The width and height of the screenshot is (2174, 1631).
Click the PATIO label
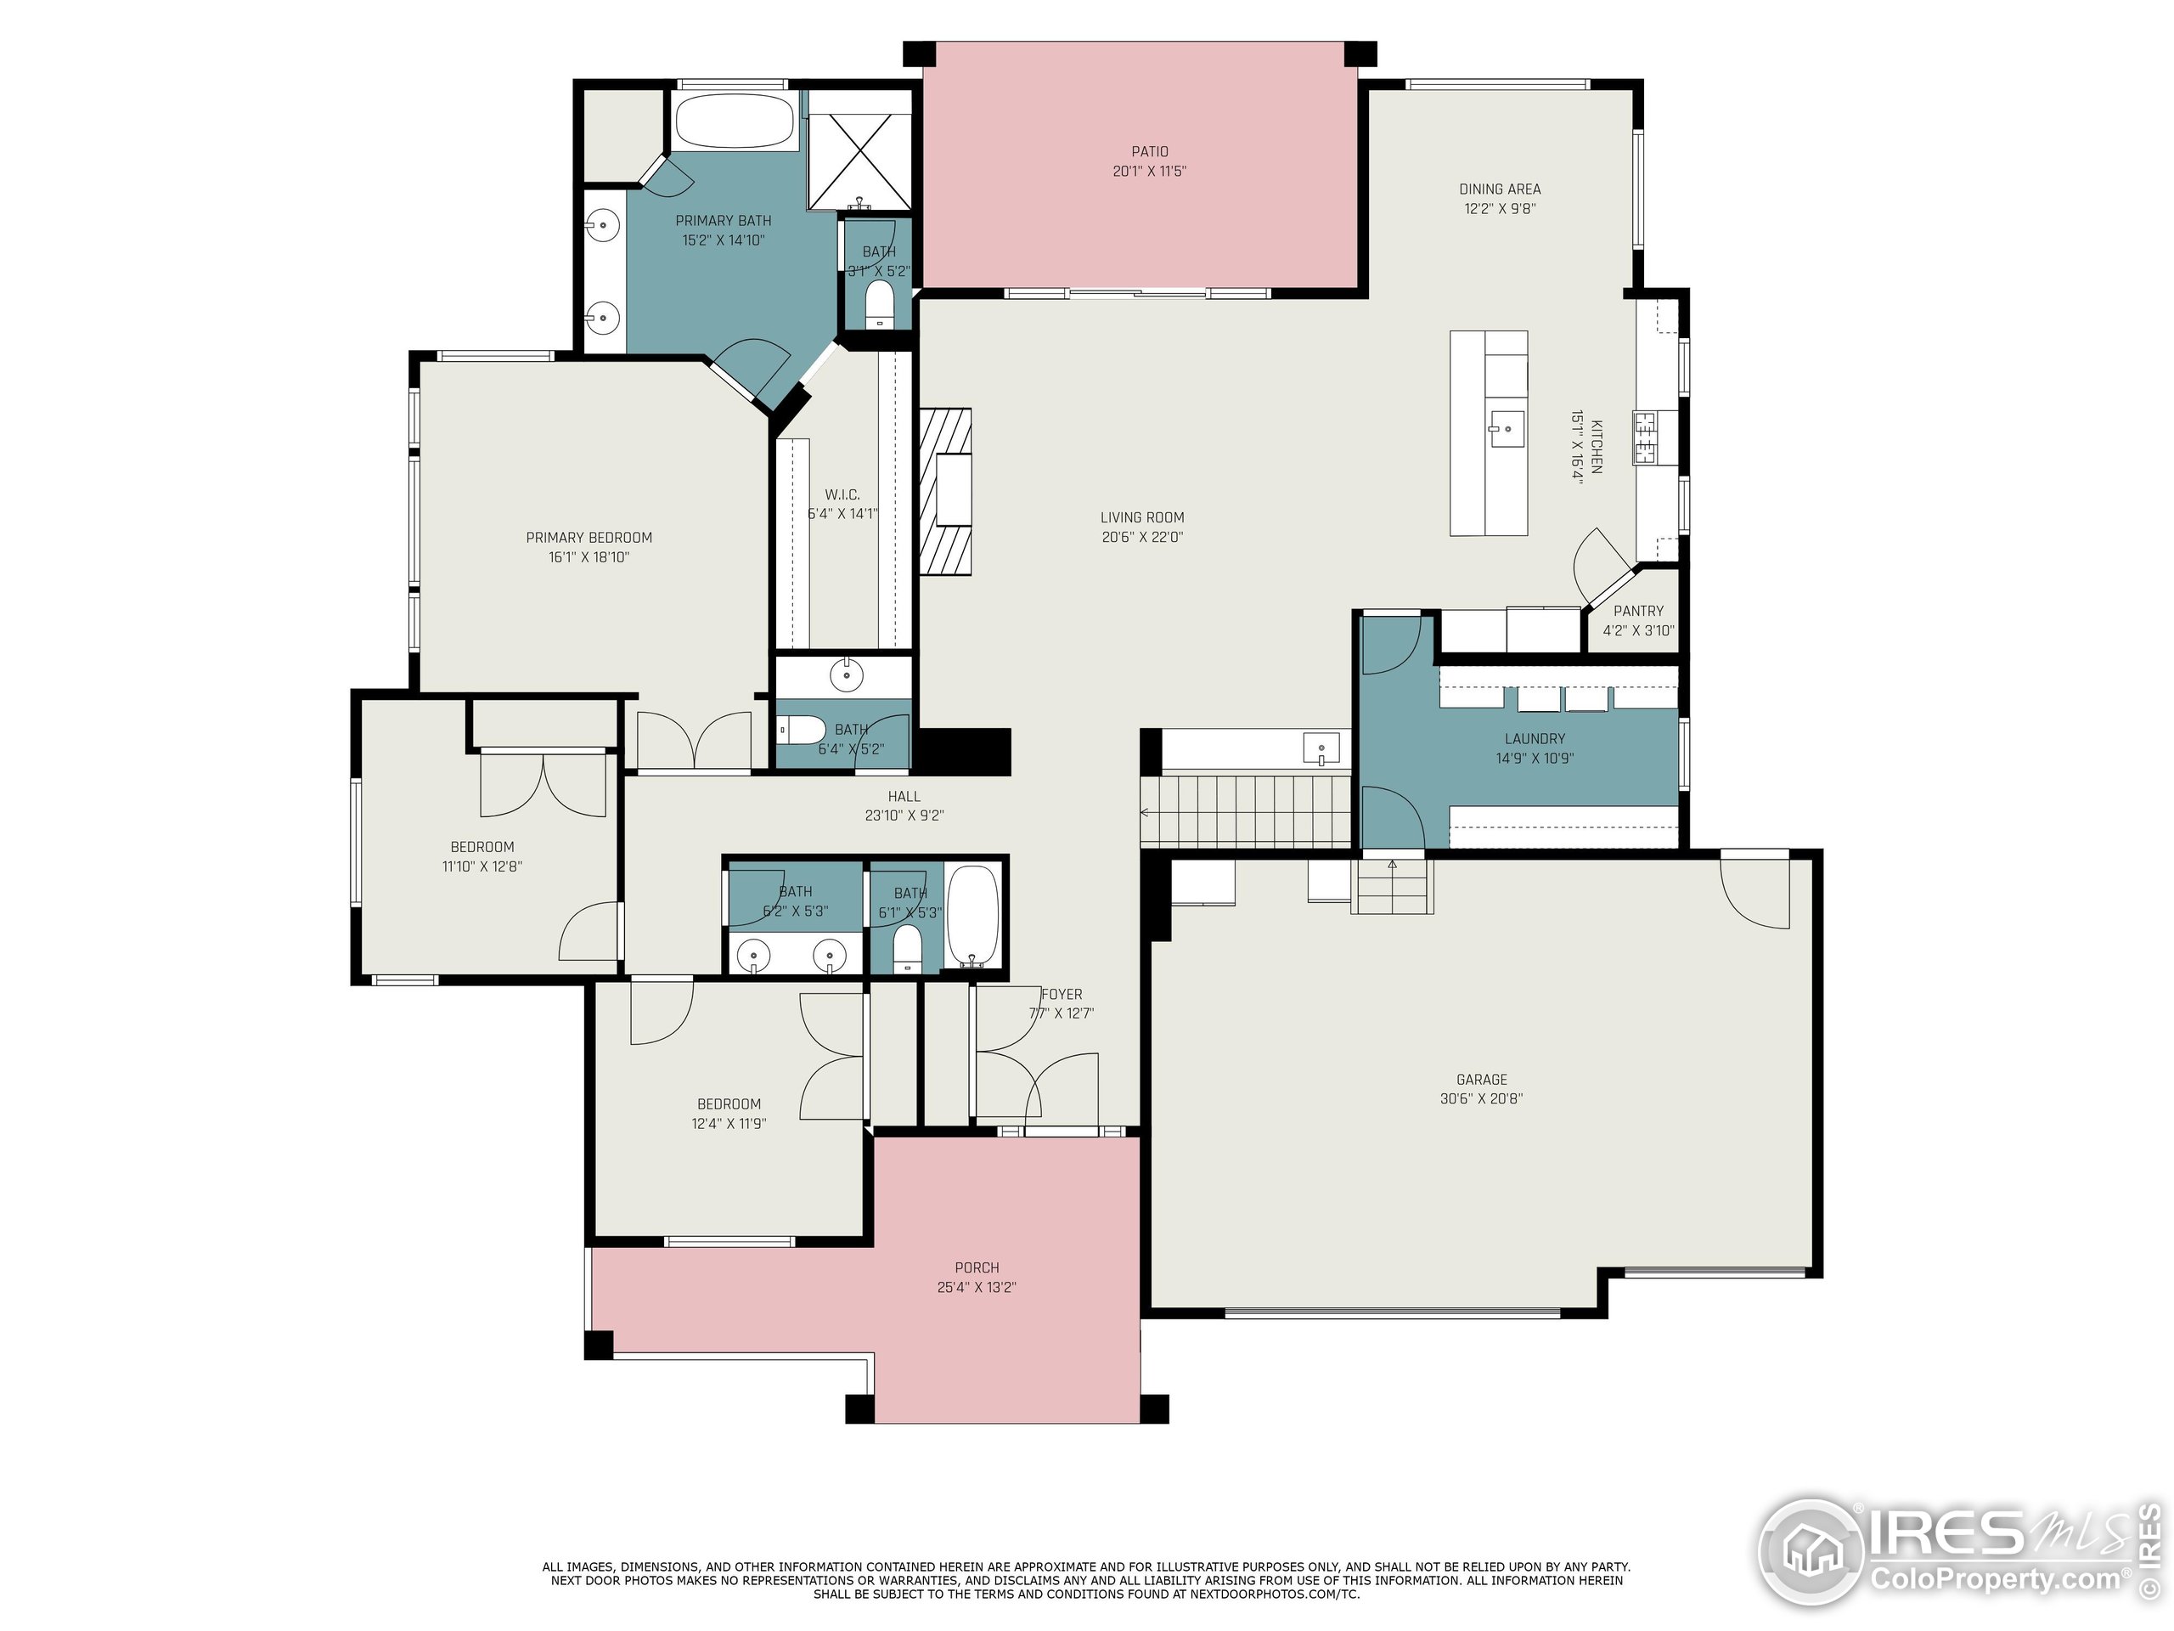click(x=1149, y=151)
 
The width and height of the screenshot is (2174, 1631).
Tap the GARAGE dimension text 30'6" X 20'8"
click(x=1481, y=1099)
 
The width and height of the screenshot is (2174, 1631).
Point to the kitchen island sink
click(x=1506, y=430)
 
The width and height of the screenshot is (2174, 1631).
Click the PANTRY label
click(x=1638, y=611)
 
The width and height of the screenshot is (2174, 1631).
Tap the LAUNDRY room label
click(x=1535, y=738)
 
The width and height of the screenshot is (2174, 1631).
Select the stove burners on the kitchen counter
click(x=1645, y=437)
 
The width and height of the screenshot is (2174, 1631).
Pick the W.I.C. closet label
click(x=842, y=494)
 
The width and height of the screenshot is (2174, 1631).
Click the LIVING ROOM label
click(x=1142, y=517)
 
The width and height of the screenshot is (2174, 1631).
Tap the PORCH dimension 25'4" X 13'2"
click(x=976, y=1287)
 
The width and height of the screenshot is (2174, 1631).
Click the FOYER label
click(x=1062, y=994)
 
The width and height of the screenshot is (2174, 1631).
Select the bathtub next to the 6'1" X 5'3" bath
click(x=974, y=917)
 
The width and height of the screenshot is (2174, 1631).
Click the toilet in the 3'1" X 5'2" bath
click(x=879, y=302)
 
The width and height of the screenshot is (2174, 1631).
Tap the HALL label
click(x=904, y=796)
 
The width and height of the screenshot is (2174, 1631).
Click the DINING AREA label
click(x=1500, y=189)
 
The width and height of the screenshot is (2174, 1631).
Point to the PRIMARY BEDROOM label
click(x=589, y=537)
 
